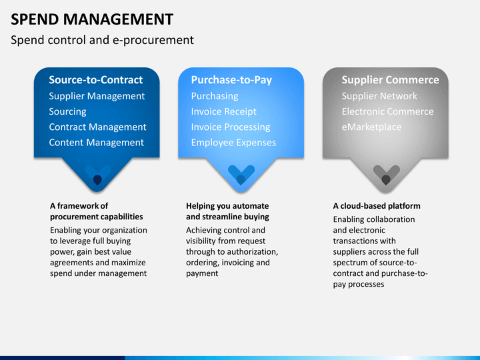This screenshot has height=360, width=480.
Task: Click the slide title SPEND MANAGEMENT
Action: (92, 19)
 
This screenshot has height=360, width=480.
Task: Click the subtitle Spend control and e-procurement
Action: (102, 40)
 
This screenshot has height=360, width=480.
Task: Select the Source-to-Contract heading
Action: (95, 80)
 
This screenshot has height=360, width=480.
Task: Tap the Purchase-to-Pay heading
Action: (231, 80)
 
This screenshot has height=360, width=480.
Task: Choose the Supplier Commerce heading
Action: (390, 80)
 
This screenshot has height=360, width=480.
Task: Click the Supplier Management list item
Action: (97, 96)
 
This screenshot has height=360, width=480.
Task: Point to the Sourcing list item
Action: (67, 111)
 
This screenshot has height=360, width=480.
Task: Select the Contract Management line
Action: (97, 127)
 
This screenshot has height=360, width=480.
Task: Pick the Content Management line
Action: (96, 142)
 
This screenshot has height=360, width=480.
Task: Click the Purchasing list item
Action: (214, 96)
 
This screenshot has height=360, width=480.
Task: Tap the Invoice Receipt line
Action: (223, 111)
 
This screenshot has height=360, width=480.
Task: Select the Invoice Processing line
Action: (230, 127)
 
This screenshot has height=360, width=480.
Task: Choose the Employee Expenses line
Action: (233, 142)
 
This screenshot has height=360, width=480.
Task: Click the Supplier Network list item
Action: (379, 96)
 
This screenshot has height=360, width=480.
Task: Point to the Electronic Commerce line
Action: (387, 111)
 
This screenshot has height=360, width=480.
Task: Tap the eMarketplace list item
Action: (371, 127)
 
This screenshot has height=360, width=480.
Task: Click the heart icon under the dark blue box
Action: (97, 175)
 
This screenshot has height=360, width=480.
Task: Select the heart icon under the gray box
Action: (386, 175)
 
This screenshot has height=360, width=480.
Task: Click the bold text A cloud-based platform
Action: (377, 206)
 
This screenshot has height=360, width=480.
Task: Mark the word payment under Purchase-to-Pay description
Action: (202, 273)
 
